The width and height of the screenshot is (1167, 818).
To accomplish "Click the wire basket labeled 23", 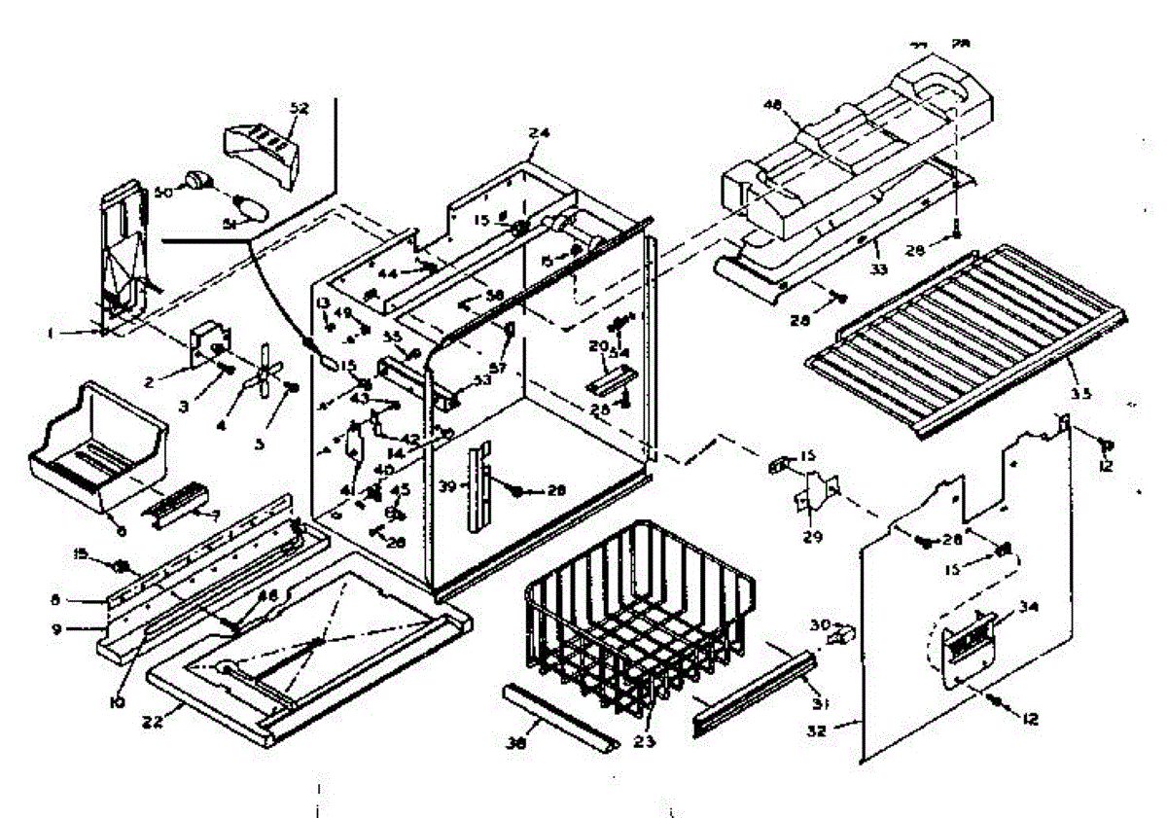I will [637, 622].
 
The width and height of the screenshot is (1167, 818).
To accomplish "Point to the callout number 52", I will [299, 108].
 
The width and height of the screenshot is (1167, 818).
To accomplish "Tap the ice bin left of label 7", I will [92, 438].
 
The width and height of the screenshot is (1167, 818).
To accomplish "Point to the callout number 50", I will [162, 194].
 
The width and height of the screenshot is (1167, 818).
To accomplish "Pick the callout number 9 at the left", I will [57, 628].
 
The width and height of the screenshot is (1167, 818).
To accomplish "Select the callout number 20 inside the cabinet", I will [597, 345].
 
